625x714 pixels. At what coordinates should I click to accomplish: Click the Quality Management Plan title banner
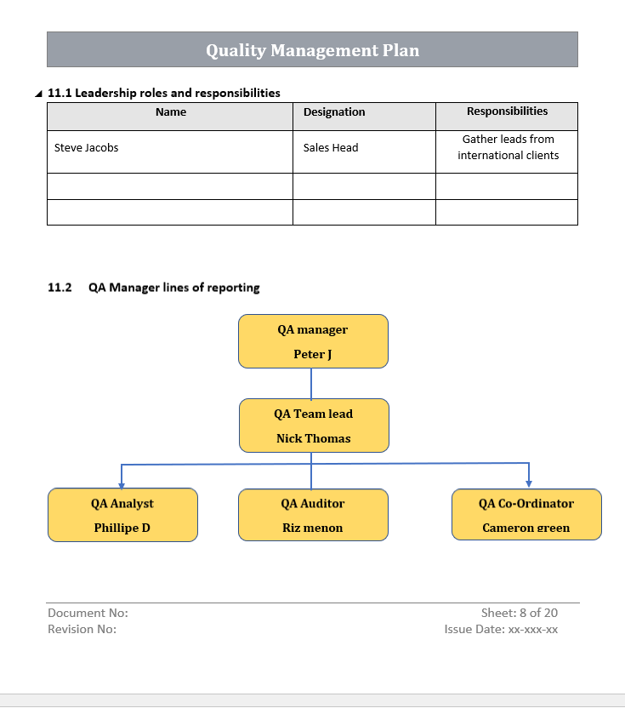pos(312,50)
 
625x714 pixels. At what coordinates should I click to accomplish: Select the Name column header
pos(171,112)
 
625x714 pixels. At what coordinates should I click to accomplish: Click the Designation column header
pos(334,112)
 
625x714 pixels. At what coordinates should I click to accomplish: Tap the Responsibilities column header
pos(507,111)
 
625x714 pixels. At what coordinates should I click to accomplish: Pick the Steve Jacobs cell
pos(87,148)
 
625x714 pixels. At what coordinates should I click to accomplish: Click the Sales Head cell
pos(331,148)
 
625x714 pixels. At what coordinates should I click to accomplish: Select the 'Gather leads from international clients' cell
pos(508,147)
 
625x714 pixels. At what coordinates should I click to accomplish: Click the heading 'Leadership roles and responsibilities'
pos(164,93)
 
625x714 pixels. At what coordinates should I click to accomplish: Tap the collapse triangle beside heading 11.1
pos(38,94)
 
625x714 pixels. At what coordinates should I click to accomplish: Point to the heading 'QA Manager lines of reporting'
pos(173,288)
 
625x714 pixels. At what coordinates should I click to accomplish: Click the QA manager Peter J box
pos(313,341)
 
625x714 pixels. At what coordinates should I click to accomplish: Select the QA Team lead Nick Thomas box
pos(314,426)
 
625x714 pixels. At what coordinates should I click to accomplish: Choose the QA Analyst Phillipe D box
pos(122,515)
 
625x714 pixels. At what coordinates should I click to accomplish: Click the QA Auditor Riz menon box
pos(313,515)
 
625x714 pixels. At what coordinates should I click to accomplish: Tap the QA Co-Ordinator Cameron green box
pos(527,515)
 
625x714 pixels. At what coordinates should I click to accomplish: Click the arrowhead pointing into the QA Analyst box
pos(122,483)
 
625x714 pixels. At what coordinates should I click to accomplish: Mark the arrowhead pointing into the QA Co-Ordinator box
pos(529,483)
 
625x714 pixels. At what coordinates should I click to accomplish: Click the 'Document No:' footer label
pos(88,613)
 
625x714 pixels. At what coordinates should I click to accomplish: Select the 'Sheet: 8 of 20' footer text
pos(519,613)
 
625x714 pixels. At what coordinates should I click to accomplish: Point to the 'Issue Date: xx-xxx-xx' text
pos(501,630)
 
